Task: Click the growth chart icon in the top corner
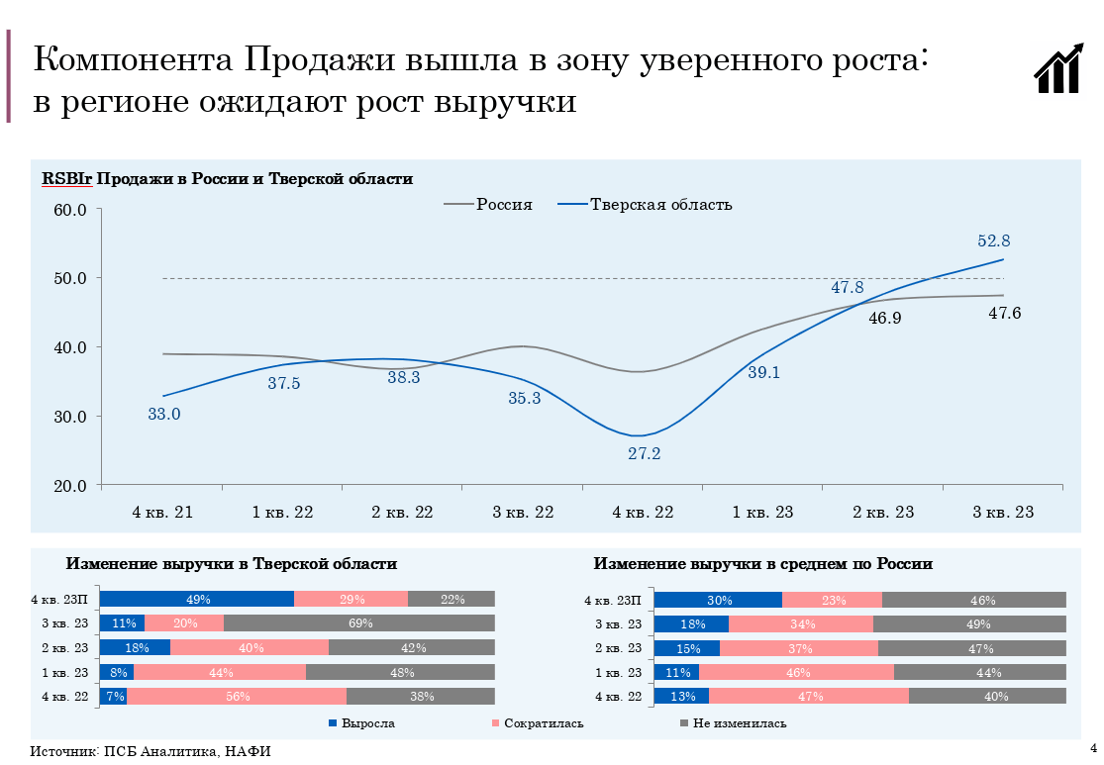(x=1058, y=68)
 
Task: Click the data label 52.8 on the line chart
(x=993, y=240)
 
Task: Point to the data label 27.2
(x=644, y=454)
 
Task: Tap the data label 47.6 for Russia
(x=1005, y=314)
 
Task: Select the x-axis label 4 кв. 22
(x=644, y=513)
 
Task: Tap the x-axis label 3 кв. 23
(x=1003, y=513)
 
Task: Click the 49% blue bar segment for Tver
(x=197, y=599)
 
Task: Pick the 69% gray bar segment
(x=358, y=623)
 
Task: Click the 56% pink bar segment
(x=237, y=696)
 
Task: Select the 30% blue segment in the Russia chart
(x=718, y=600)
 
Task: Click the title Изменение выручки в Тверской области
(x=232, y=564)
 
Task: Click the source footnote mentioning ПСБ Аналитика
(x=151, y=751)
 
